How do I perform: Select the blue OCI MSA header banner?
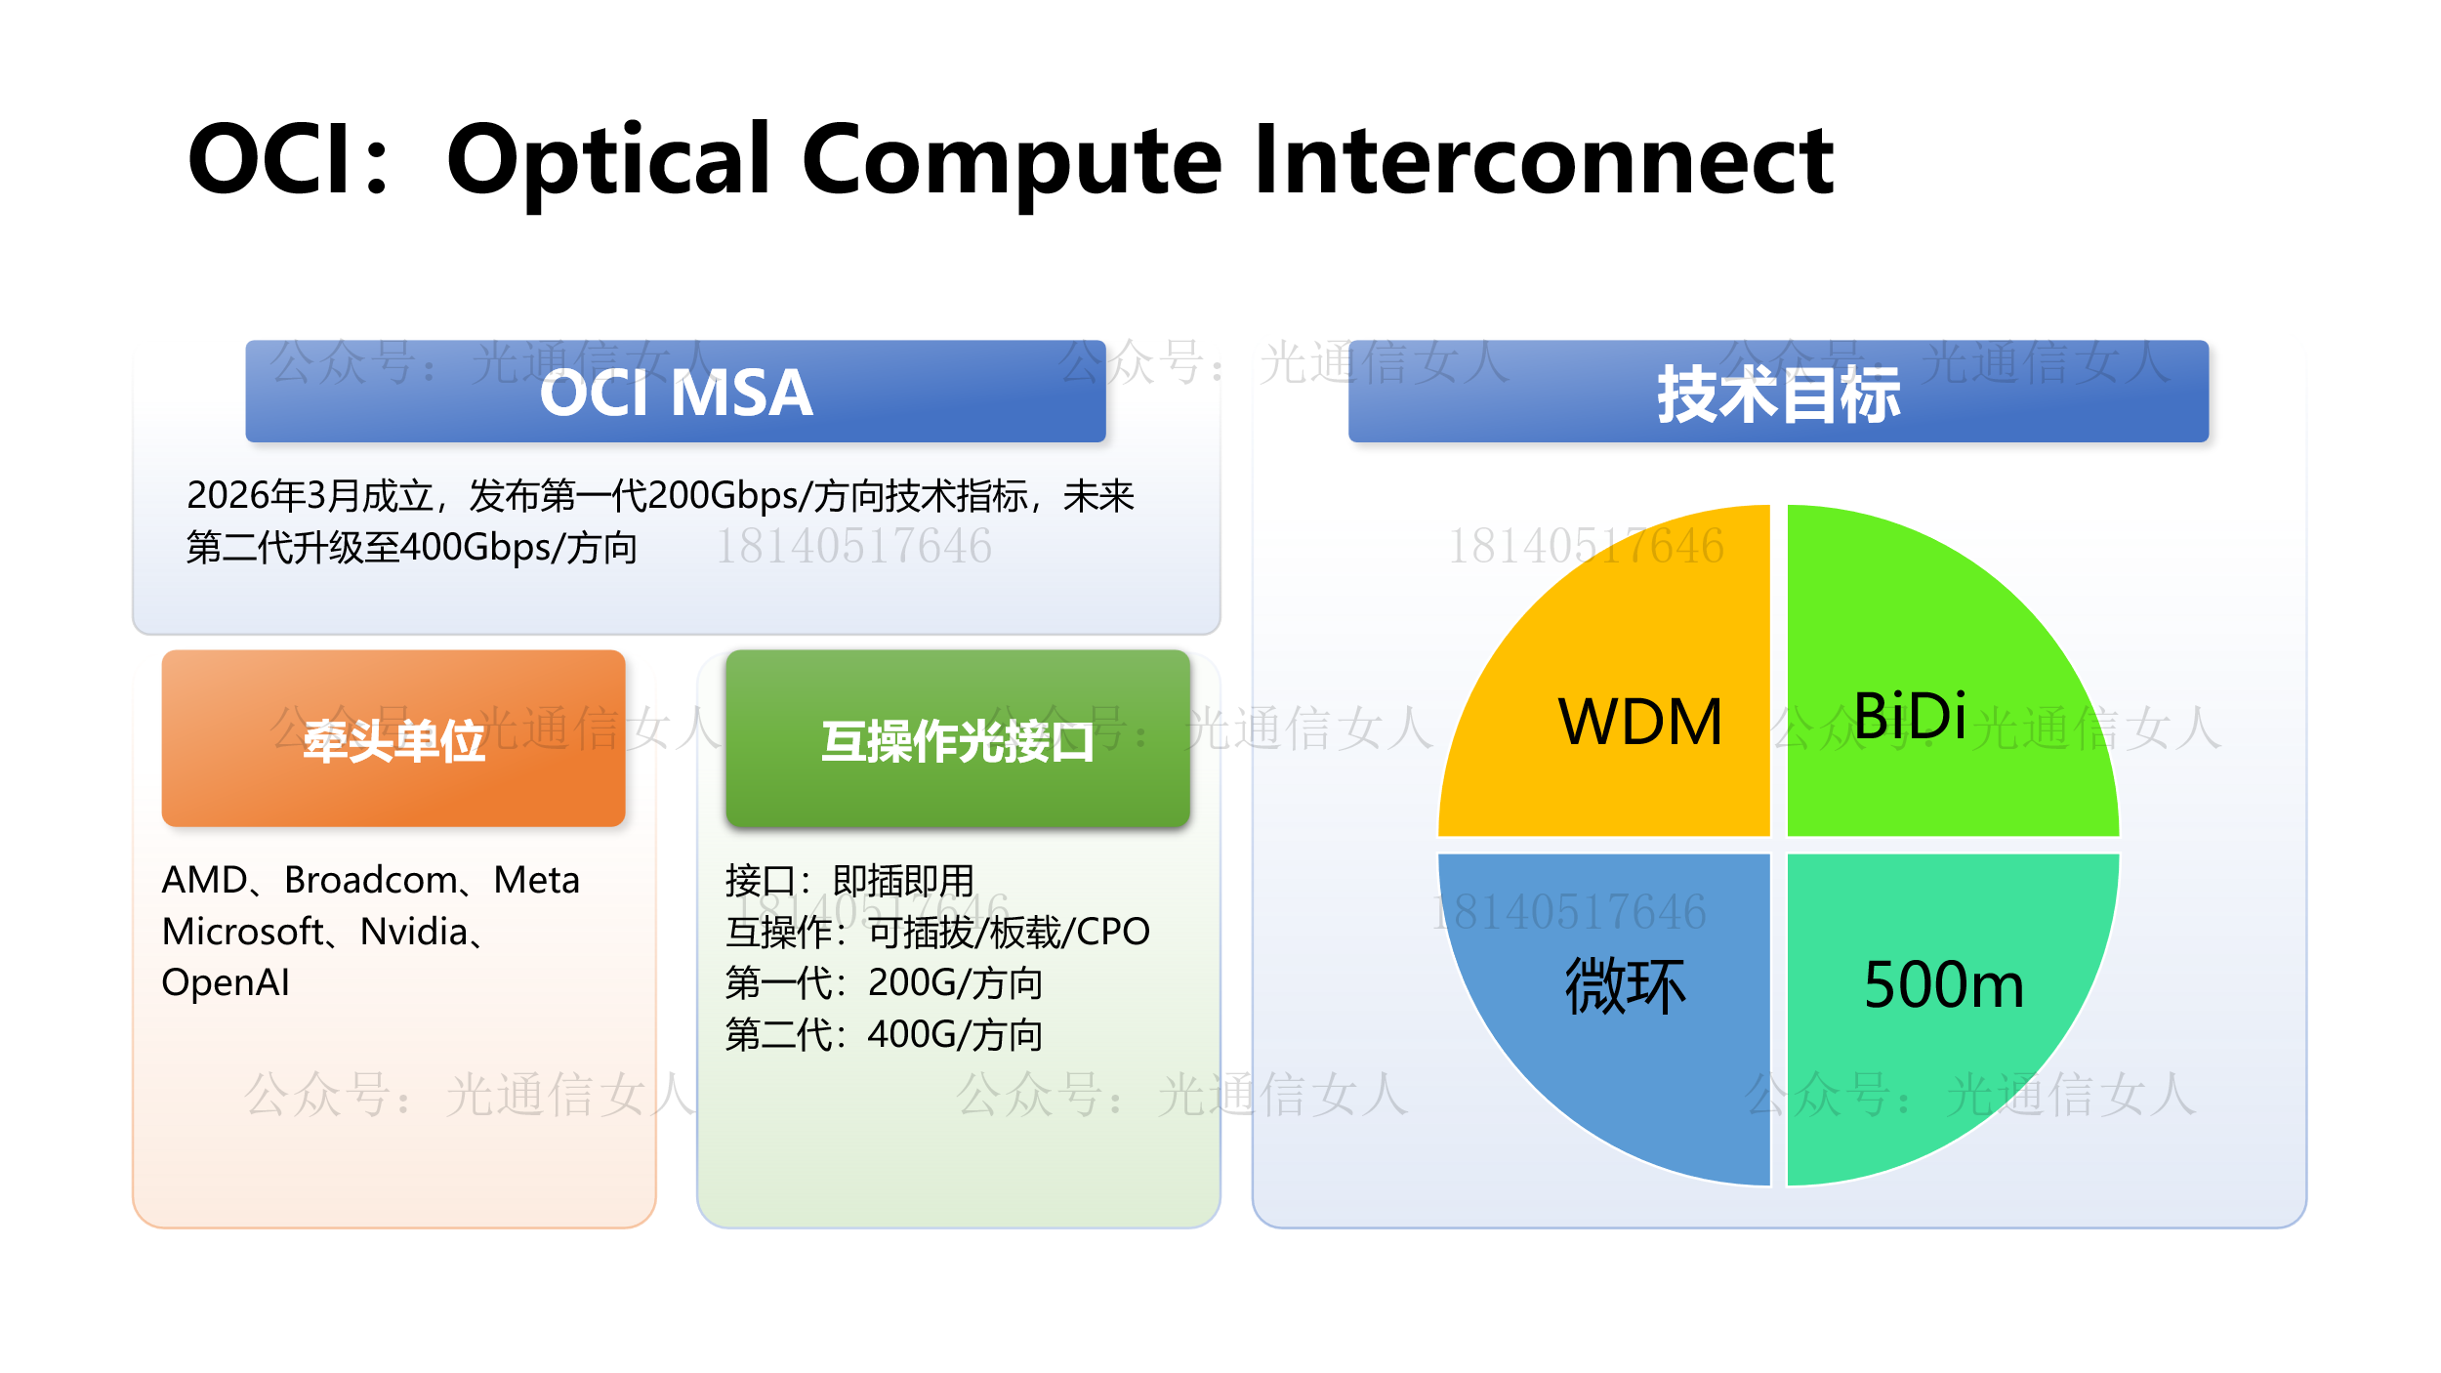tap(676, 392)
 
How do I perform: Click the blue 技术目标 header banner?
tap(1778, 392)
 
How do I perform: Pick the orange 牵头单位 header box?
tap(393, 739)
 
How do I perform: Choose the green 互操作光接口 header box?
tap(958, 739)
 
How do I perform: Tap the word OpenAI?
tap(226, 982)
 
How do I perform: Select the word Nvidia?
tap(413, 932)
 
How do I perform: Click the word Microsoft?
tap(242, 932)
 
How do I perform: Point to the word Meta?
tap(536, 880)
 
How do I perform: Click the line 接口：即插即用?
tap(849, 880)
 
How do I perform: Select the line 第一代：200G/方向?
tap(884, 982)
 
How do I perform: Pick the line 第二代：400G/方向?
tap(884, 1034)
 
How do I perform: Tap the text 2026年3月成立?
tap(310, 496)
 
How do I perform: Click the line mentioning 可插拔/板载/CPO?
tap(937, 932)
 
